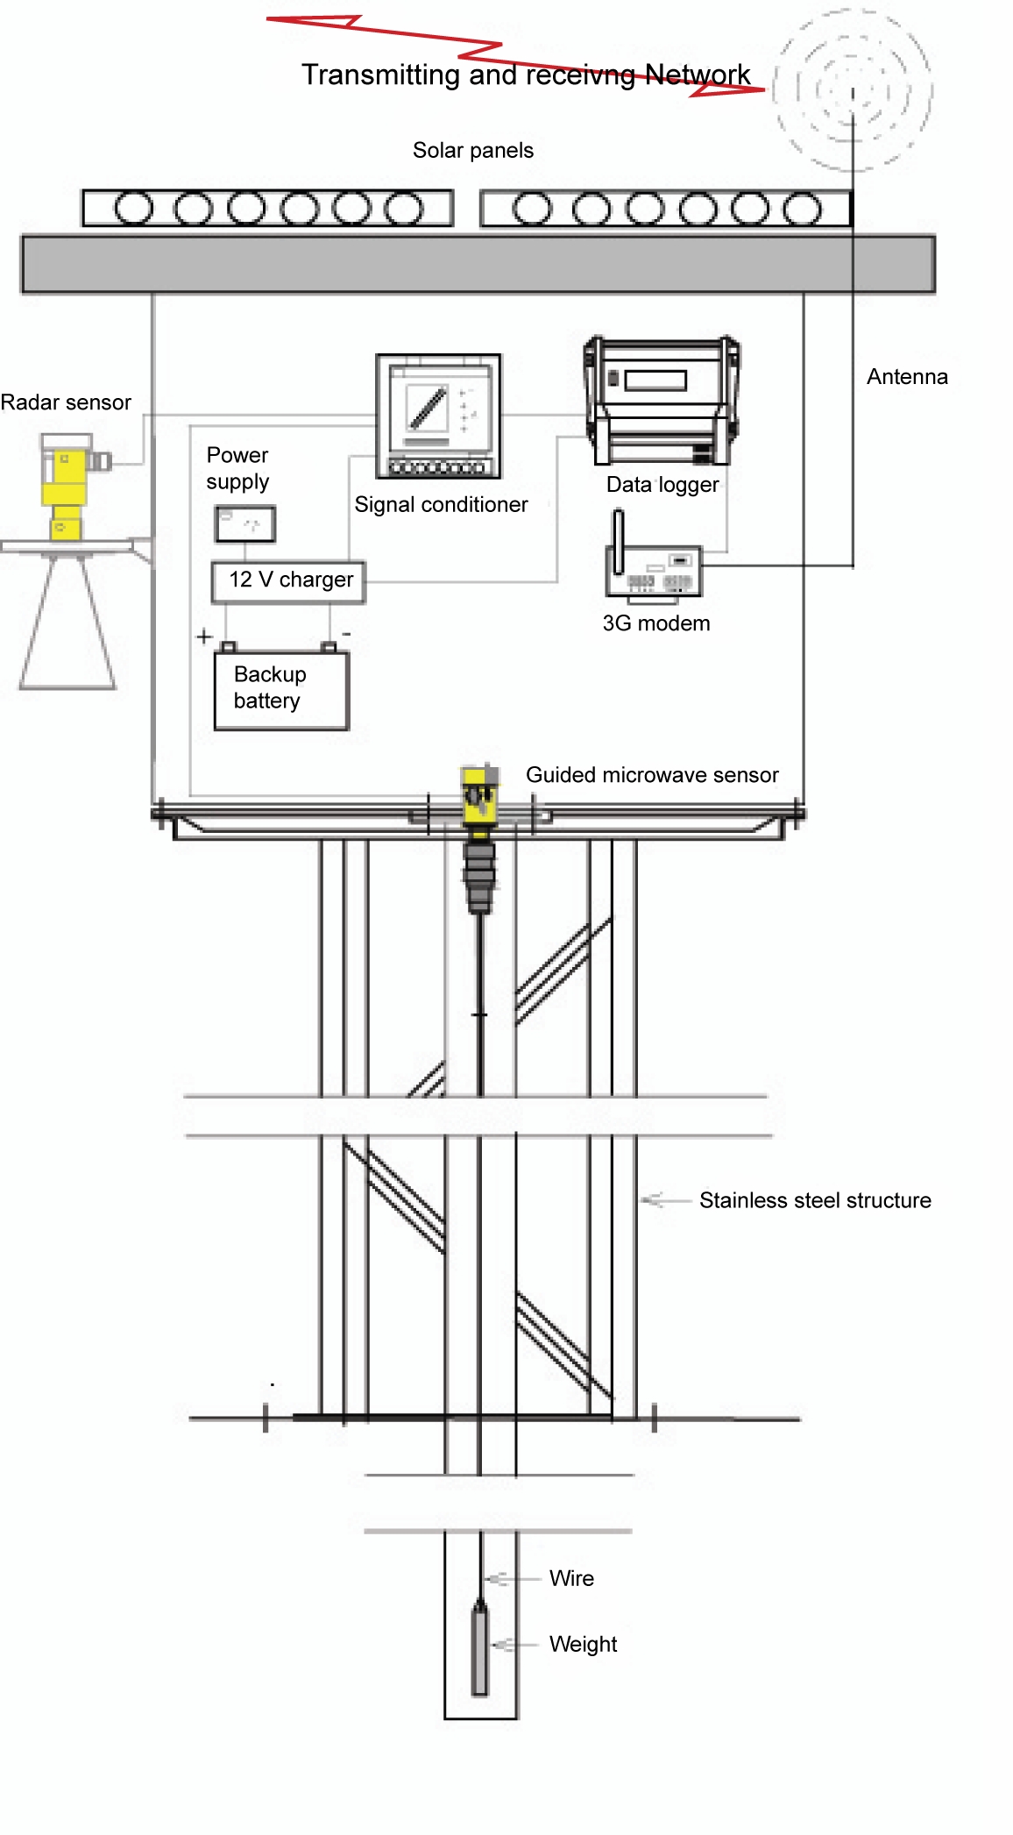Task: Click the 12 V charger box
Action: pyautogui.click(x=288, y=581)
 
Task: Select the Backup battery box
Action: pyautogui.click(x=281, y=689)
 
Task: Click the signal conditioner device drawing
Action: pyautogui.click(x=438, y=416)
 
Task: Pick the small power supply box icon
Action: pyautogui.click(x=245, y=523)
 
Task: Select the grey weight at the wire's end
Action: pyautogui.click(x=480, y=1648)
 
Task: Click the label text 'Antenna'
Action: pyautogui.click(x=907, y=377)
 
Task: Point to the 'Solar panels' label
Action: pyautogui.click(x=472, y=151)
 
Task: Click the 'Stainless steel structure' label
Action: pyautogui.click(x=815, y=1200)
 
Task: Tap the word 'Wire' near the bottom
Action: pyautogui.click(x=571, y=1578)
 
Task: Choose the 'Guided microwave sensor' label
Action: pyautogui.click(x=652, y=775)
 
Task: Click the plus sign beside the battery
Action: pyautogui.click(x=204, y=636)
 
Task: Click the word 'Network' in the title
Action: pyautogui.click(x=698, y=75)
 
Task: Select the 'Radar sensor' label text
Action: pyautogui.click(x=66, y=402)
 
